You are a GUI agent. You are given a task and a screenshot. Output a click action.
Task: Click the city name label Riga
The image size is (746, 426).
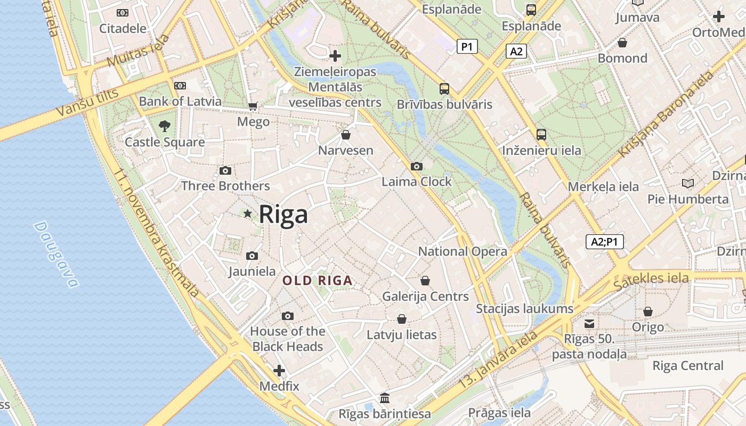pyautogui.click(x=283, y=215)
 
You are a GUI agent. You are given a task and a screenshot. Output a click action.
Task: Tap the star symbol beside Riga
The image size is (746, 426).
pyautogui.click(x=247, y=214)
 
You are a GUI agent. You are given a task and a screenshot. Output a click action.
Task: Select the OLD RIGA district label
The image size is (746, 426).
pyautogui.click(x=317, y=281)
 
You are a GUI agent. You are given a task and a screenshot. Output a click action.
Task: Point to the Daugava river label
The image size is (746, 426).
pyautogui.click(x=56, y=255)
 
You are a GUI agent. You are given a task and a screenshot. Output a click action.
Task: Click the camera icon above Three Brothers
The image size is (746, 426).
pyautogui.click(x=225, y=171)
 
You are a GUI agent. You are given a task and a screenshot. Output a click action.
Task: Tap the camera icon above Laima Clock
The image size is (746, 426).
pyautogui.click(x=417, y=167)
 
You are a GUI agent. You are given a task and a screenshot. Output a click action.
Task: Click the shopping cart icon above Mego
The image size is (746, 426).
pyautogui.click(x=253, y=106)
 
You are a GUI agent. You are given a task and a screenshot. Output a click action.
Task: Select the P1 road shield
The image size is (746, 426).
pyautogui.click(x=467, y=47)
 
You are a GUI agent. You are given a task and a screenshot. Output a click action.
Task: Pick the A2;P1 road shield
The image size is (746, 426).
pyautogui.click(x=605, y=242)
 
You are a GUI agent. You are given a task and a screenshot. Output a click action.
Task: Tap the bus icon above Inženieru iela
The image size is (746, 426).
pyautogui.click(x=541, y=135)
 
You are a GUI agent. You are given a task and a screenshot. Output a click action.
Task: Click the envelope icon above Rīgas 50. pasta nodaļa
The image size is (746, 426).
pyautogui.click(x=589, y=323)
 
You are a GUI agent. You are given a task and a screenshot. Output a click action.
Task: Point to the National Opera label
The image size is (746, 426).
pyautogui.click(x=463, y=251)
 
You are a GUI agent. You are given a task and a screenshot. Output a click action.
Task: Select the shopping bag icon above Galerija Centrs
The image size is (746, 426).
pyautogui.click(x=425, y=281)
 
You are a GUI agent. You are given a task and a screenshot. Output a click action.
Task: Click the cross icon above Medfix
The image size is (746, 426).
pyautogui.click(x=279, y=371)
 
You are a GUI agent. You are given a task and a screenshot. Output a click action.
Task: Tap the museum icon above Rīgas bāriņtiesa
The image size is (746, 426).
pyautogui.click(x=385, y=398)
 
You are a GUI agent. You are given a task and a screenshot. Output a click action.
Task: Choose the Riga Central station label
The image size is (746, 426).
pyautogui.click(x=688, y=366)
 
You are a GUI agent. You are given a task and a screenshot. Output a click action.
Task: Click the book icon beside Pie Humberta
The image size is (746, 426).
pyautogui.click(x=688, y=184)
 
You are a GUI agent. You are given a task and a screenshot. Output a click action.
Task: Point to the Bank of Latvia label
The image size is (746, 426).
pyautogui.click(x=180, y=101)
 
